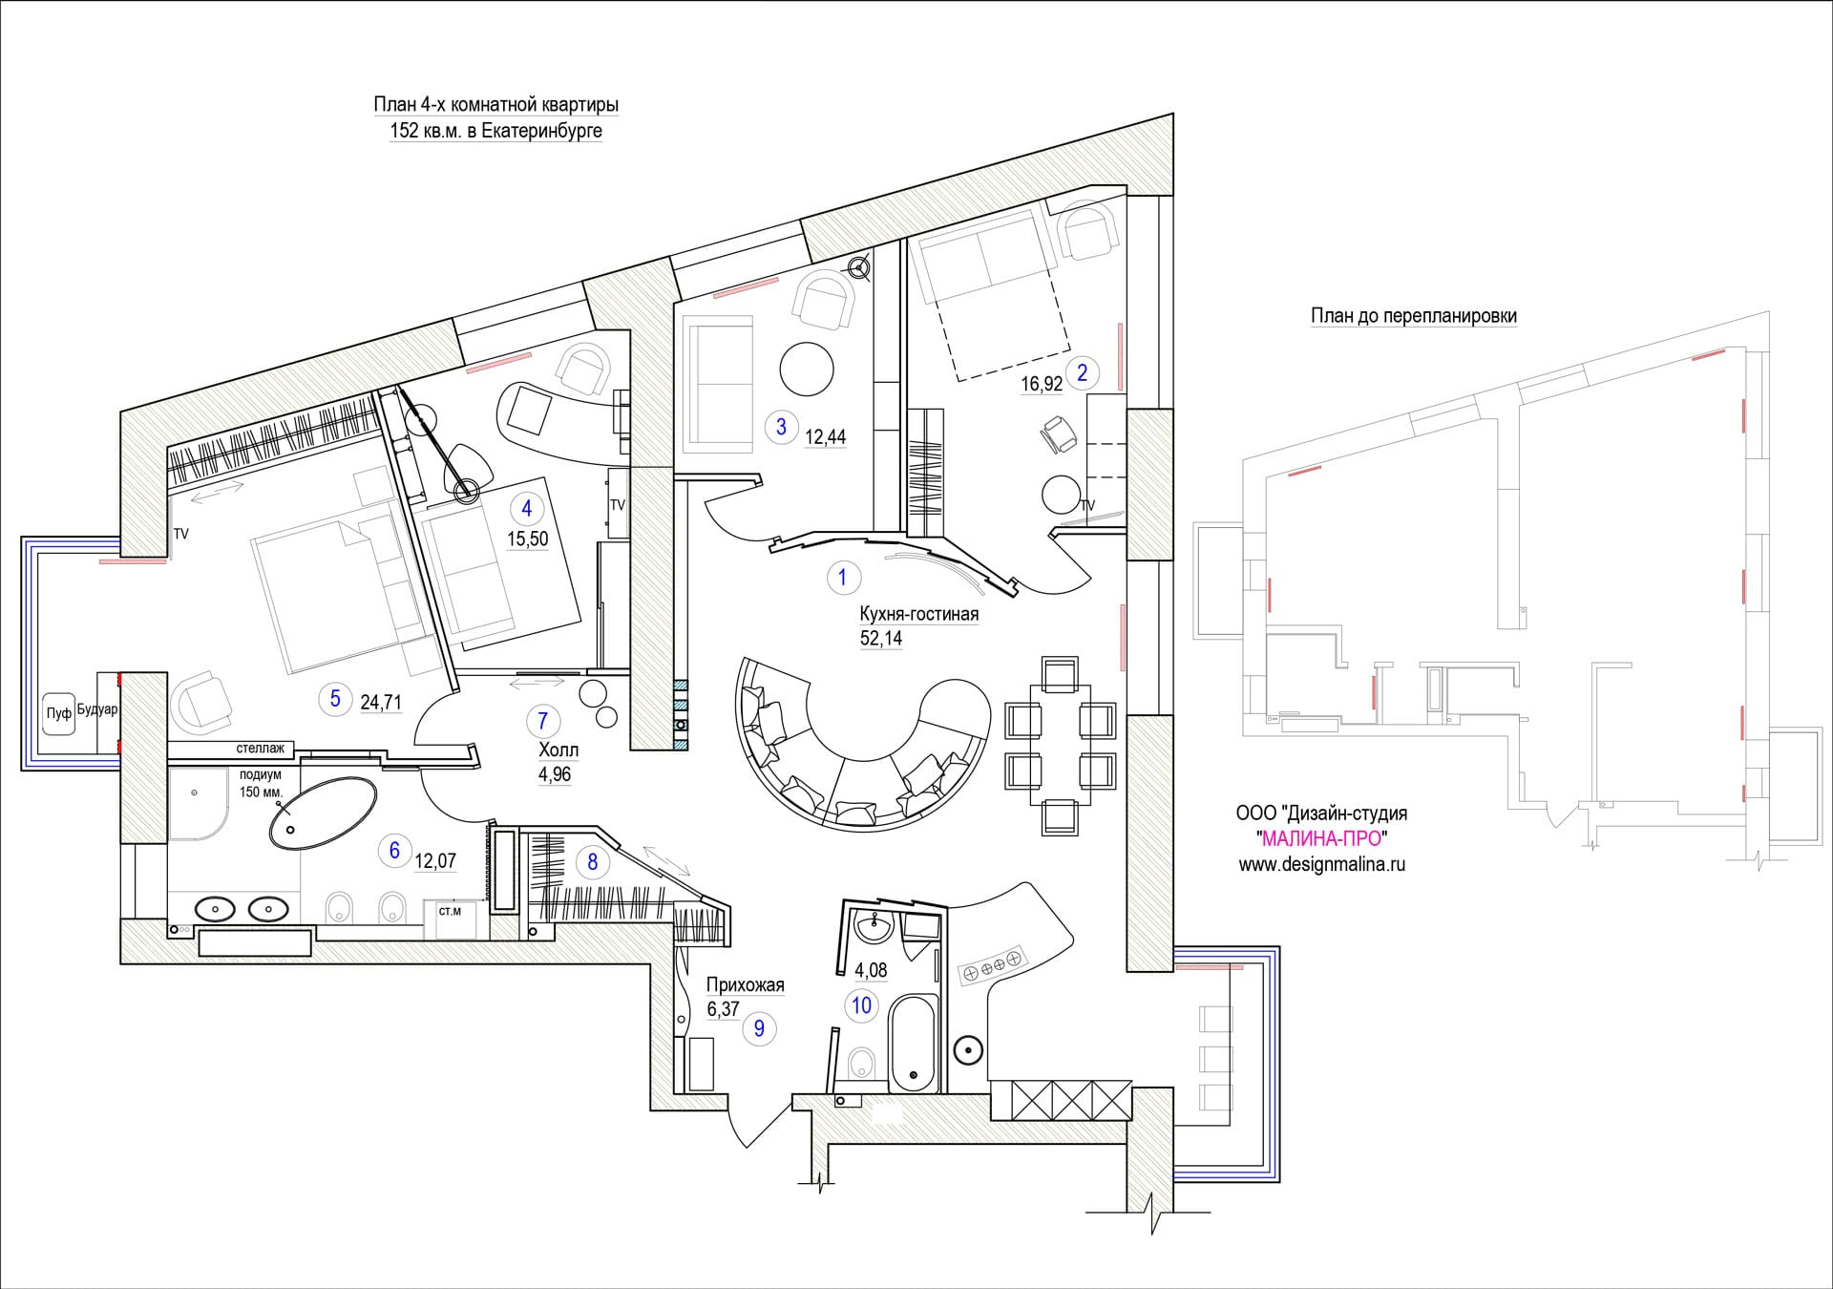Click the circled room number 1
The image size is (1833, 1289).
pos(842,577)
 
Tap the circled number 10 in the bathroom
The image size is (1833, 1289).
pos(862,1004)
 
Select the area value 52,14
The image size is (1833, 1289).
pos(881,638)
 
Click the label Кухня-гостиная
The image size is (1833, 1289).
pos(918,614)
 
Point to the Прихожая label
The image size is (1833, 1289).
pos(745,984)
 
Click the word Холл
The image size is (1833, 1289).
pos(558,750)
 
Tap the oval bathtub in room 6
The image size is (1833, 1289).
pos(322,813)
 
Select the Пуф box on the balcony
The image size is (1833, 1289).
pos(59,713)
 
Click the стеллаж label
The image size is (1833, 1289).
pos(261,749)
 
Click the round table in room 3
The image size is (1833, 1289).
pos(807,369)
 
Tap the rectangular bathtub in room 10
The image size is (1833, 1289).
pos(914,1044)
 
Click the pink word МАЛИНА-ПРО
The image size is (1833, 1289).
pos(1322,838)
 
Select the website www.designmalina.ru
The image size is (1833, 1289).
pos(1322,864)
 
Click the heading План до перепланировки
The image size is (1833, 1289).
pos(1414,316)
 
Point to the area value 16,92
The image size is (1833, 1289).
pos(1042,384)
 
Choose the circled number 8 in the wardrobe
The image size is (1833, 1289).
pos(592,862)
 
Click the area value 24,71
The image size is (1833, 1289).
pos(381,703)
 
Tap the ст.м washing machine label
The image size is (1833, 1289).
pos(450,911)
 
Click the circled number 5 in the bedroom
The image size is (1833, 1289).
pos(335,698)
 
